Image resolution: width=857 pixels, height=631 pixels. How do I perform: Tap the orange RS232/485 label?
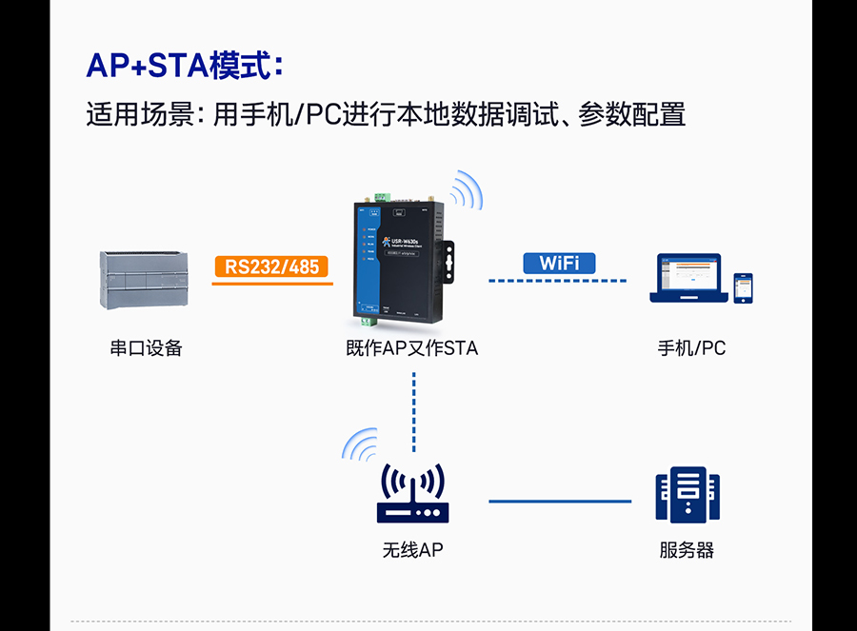[272, 266]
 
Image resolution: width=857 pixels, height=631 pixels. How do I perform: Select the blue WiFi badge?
[559, 263]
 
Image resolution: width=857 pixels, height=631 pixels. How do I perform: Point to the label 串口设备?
[146, 348]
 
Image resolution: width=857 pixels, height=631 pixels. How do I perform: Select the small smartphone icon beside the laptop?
[743, 288]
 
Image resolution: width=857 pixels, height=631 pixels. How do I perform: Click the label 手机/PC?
[691, 348]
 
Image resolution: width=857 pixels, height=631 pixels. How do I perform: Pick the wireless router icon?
[412, 495]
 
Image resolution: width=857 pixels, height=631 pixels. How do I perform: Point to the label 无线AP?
[412, 550]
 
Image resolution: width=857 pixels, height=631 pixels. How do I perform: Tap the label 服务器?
[687, 550]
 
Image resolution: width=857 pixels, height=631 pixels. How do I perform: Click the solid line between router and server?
[560, 501]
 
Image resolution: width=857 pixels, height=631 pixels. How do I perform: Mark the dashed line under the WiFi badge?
[558, 281]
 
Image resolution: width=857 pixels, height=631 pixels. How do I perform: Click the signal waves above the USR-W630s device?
[466, 189]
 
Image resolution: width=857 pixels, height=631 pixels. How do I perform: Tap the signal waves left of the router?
[361, 443]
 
